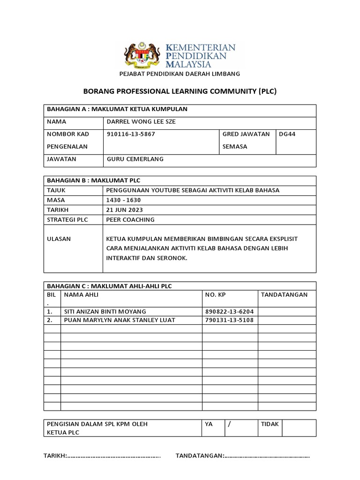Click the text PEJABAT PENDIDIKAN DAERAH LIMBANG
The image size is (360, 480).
[180, 74]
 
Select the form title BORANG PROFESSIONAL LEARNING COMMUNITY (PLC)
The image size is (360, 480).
[180, 91]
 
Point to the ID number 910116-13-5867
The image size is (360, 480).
[131, 134]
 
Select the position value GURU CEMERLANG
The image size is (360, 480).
[135, 159]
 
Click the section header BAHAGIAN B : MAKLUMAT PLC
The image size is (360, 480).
[94, 180]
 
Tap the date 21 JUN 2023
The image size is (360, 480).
[125, 210]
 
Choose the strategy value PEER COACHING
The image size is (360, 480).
[130, 219]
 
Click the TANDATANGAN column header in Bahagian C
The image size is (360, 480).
[284, 294]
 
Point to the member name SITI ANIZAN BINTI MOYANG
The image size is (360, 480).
[105, 311]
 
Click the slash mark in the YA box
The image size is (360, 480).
[230, 424]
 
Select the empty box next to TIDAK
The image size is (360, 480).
[299, 427]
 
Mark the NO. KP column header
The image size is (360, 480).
[216, 294]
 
